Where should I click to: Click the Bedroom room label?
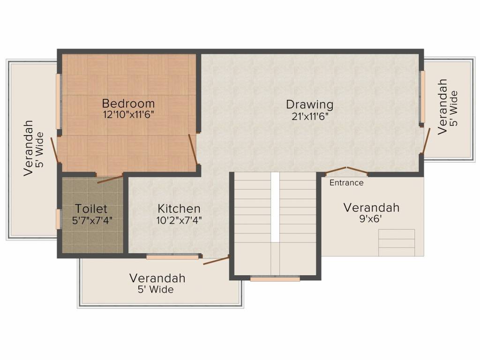(128, 103)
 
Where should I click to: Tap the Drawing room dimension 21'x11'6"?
(309, 116)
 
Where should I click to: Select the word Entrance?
(346, 183)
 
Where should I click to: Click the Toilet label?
(91, 209)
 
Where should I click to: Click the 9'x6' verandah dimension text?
(371, 218)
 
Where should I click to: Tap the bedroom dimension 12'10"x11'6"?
(128, 114)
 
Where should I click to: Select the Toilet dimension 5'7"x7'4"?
(92, 220)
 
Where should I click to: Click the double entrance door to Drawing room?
(346, 171)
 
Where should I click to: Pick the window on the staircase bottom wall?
(275, 279)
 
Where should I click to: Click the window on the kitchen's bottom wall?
(172, 257)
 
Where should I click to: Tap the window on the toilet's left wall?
(59, 219)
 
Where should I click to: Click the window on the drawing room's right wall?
(422, 96)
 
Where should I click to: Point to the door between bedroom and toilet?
(110, 178)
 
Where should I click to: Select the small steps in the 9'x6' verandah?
(397, 242)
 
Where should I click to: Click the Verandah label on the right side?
(442, 107)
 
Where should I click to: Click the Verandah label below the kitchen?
(157, 278)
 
